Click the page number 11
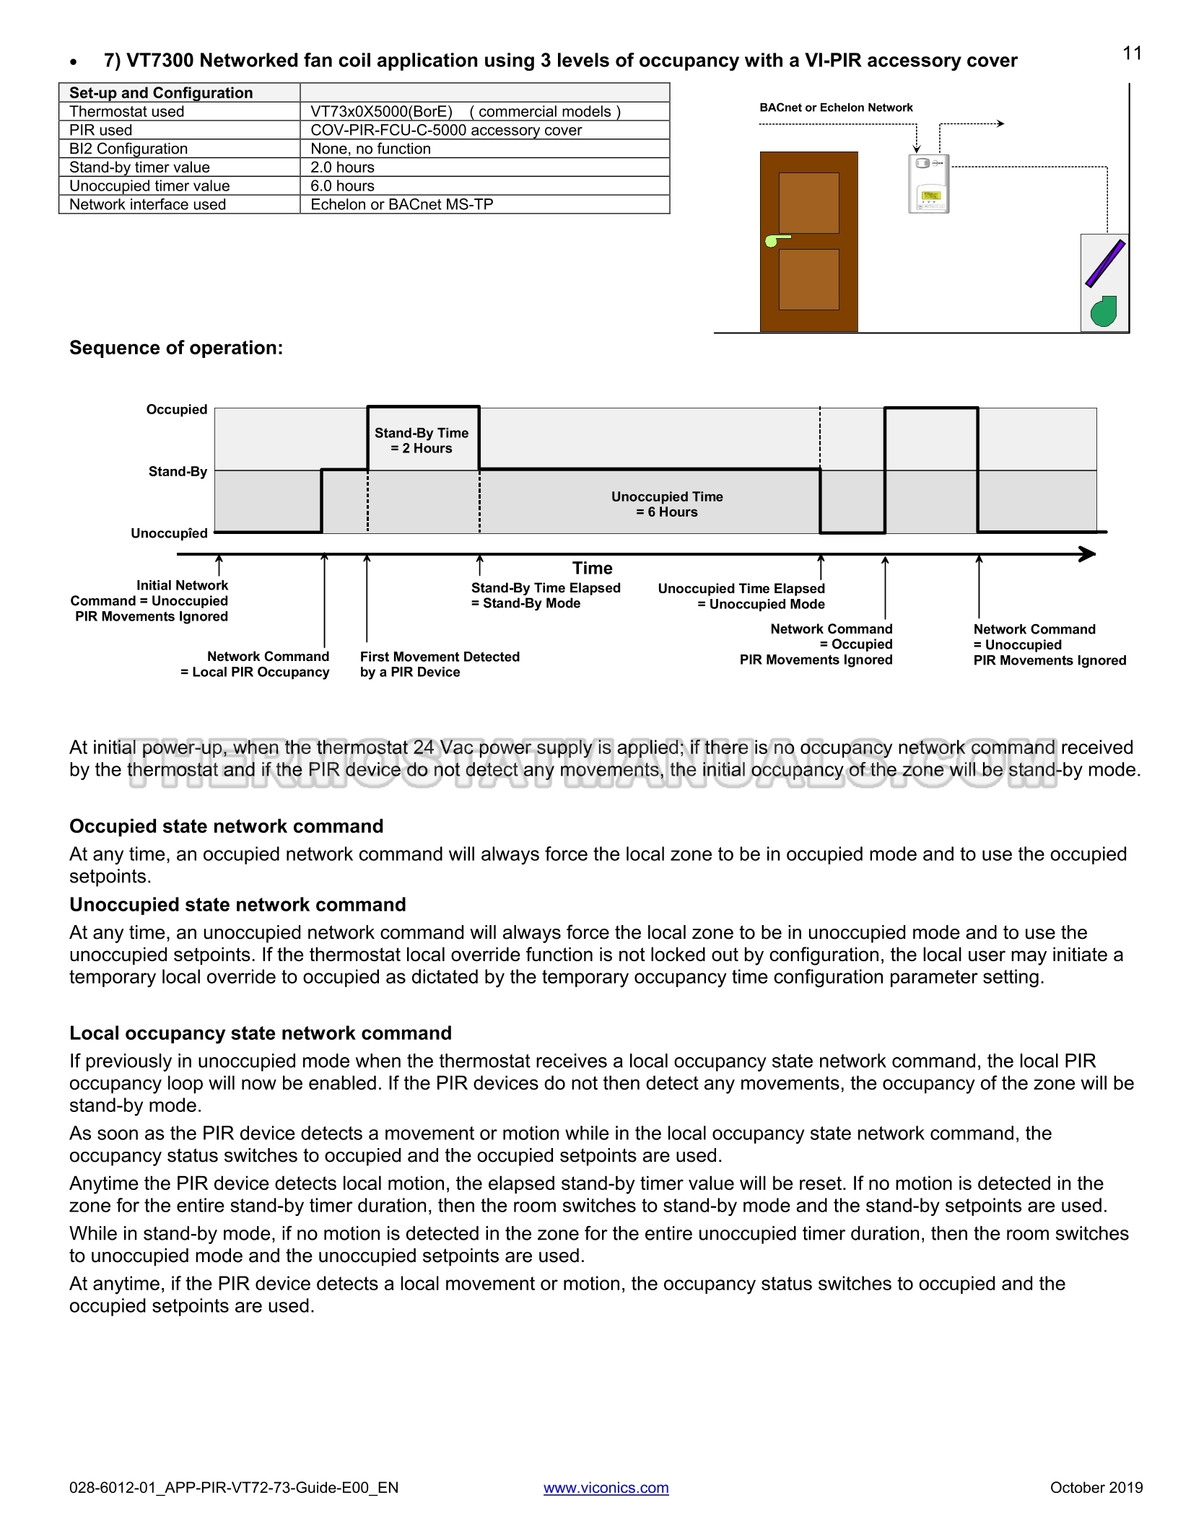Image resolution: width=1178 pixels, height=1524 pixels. (x=1132, y=53)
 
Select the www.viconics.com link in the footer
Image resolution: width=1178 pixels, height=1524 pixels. (x=606, y=1487)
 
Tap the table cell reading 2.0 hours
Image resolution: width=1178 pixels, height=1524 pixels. (x=342, y=167)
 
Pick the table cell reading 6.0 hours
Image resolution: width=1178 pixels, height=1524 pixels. (x=342, y=186)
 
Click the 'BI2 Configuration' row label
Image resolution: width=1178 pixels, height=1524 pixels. (x=128, y=149)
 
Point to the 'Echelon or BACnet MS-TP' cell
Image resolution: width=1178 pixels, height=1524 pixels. (x=401, y=205)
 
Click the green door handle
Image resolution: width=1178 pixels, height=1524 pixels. (x=776, y=240)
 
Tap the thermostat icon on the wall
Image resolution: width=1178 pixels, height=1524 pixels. (x=928, y=184)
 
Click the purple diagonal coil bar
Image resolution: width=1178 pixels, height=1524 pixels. (x=1106, y=264)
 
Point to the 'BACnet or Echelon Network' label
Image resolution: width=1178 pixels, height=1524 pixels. (x=836, y=108)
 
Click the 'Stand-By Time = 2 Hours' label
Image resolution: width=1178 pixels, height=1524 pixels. (x=422, y=441)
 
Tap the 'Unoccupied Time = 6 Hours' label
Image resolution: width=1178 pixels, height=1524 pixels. (x=667, y=504)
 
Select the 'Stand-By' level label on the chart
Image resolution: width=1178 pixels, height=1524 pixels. (x=178, y=472)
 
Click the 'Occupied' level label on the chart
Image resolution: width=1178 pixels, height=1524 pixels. (x=177, y=410)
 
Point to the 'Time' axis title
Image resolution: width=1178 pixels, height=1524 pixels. (x=592, y=569)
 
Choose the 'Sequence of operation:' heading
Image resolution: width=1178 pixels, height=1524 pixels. (x=176, y=348)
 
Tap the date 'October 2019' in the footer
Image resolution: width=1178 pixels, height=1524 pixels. (x=1096, y=1487)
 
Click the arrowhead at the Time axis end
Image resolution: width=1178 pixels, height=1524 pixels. (x=1087, y=554)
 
